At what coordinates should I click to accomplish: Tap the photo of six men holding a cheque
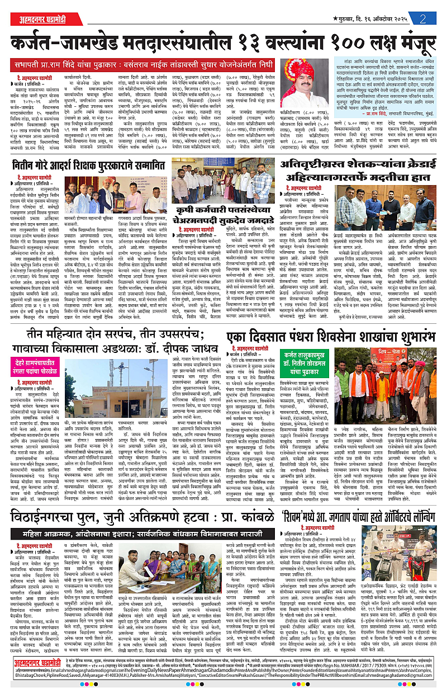click(379, 206)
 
